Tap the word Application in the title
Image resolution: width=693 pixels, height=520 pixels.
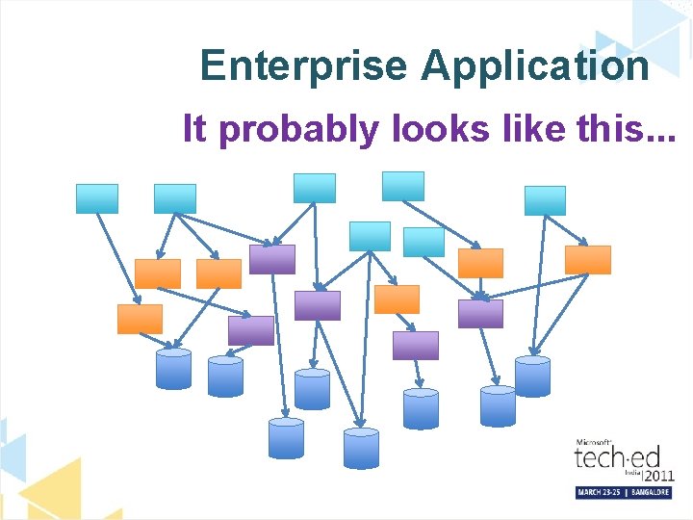tap(535, 65)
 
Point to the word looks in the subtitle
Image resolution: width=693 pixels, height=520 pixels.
tap(438, 127)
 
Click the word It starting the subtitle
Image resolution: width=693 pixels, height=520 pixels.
tap(194, 127)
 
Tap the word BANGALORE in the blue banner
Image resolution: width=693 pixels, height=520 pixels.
tap(650, 492)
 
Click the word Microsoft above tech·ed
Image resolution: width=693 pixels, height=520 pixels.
tap(594, 440)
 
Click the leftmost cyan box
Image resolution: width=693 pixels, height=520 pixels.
tap(97, 198)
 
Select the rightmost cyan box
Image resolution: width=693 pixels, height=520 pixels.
tap(545, 200)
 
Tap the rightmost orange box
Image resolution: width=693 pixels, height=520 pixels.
tap(587, 260)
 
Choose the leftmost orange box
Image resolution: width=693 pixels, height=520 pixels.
tap(140, 319)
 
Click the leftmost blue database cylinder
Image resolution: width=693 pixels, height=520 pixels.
tap(173, 370)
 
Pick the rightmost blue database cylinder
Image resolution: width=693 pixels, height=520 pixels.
tap(532, 376)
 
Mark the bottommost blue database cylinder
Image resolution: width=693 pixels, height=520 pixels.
tap(361, 449)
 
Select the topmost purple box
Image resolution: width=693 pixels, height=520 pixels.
tap(272, 259)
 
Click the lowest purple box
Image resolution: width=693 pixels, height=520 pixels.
tap(416, 346)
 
